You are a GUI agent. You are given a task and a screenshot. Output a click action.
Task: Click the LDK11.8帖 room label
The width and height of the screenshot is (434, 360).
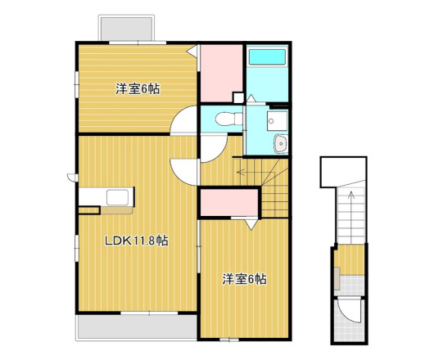tap(136, 241)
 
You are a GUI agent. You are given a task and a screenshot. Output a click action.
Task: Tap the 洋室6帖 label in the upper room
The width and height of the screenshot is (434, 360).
tap(138, 89)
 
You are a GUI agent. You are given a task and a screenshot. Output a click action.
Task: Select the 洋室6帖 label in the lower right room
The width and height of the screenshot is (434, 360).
tap(245, 279)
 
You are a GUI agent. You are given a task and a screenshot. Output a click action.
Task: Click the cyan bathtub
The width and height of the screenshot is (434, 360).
tap(267, 57)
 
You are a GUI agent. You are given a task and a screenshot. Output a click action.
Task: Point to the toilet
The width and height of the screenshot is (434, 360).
tap(228, 119)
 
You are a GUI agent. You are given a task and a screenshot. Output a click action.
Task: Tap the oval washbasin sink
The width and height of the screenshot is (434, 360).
tap(281, 144)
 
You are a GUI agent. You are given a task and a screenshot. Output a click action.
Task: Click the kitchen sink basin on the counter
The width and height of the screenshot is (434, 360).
tap(117, 197)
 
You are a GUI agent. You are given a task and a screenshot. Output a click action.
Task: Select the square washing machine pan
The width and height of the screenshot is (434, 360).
tap(278, 121)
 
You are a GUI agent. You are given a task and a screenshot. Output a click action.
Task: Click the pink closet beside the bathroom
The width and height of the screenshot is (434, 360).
tap(221, 73)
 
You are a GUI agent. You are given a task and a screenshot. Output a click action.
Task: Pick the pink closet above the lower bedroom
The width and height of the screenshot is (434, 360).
tap(229, 203)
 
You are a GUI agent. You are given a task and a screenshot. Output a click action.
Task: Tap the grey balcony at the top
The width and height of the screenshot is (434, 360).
tap(126, 28)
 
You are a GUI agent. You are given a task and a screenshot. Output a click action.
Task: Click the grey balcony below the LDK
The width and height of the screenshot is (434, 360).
tap(137, 326)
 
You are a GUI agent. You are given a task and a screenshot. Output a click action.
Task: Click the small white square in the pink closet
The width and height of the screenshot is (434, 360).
tap(238, 97)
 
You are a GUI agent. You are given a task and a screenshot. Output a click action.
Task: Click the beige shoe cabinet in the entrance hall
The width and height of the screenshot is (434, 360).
tap(337, 278)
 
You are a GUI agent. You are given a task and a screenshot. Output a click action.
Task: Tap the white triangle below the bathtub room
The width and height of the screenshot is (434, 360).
tap(251, 99)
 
